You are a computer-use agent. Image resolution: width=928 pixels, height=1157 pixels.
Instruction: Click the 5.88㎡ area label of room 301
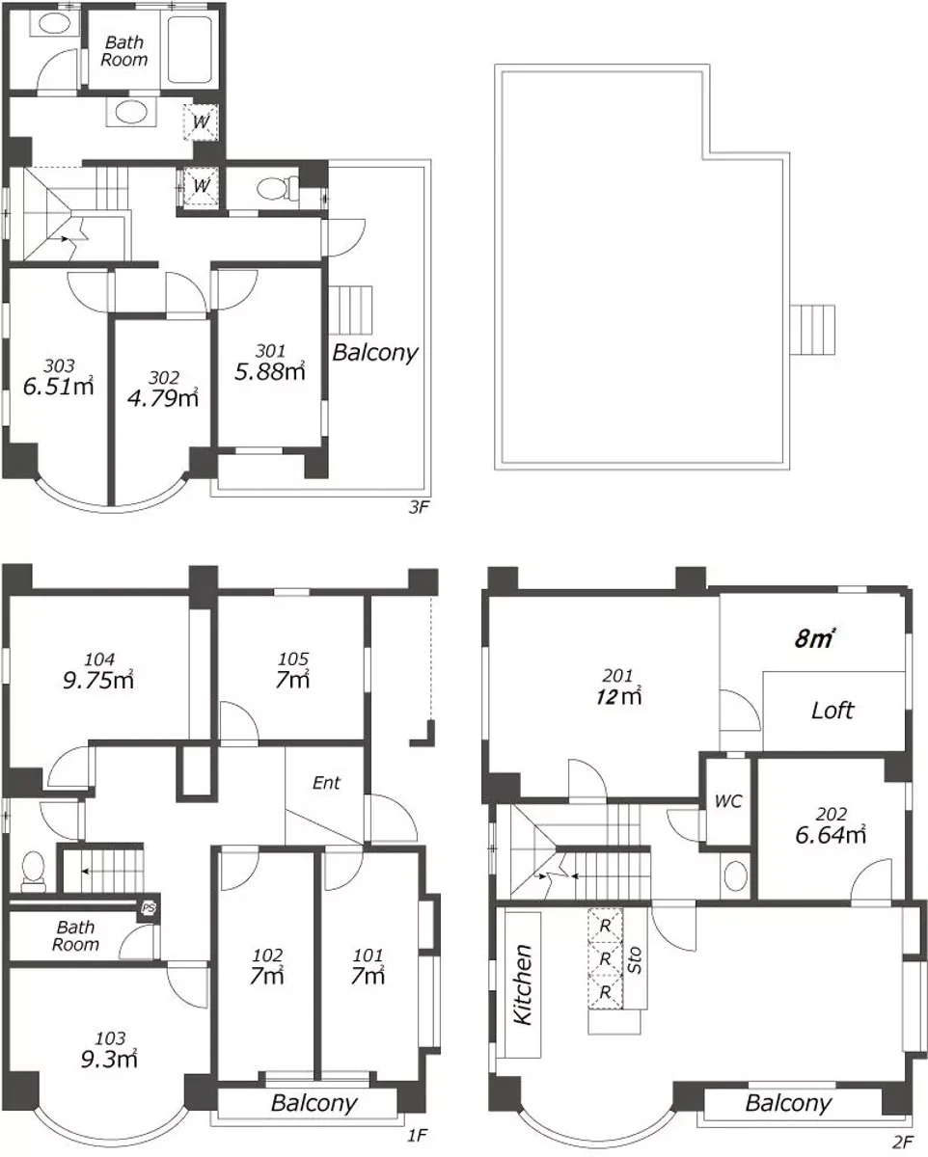pyautogui.click(x=269, y=371)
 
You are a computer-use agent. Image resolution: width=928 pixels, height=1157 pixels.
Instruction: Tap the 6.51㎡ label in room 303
pyautogui.click(x=58, y=386)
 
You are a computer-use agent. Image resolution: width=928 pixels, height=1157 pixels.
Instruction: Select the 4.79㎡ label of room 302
pyautogui.click(x=163, y=398)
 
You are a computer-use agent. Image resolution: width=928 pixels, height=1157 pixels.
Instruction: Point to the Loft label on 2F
pyautogui.click(x=832, y=711)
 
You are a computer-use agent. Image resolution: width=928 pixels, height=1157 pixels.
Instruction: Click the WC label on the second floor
pyautogui.click(x=728, y=801)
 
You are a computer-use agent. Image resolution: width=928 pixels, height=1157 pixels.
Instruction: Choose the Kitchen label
pyautogui.click(x=523, y=984)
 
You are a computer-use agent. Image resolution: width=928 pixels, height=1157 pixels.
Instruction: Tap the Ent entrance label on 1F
pyautogui.click(x=326, y=783)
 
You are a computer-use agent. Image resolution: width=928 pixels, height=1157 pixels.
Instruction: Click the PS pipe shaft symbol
pyautogui.click(x=149, y=908)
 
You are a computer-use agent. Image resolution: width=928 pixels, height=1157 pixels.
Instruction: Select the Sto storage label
pyautogui.click(x=635, y=960)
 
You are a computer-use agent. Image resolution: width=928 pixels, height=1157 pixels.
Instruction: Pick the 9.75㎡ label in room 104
pyautogui.click(x=97, y=680)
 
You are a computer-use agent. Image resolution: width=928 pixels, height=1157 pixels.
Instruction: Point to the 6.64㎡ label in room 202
pyautogui.click(x=831, y=835)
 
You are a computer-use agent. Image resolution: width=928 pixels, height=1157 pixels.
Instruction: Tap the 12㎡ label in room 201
pyautogui.click(x=618, y=697)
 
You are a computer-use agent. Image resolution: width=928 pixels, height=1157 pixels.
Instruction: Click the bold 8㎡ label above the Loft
pyautogui.click(x=814, y=638)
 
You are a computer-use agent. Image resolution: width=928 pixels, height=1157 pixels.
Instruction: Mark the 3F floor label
pyautogui.click(x=419, y=507)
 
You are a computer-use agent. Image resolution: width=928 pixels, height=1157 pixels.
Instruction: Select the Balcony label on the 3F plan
pyautogui.click(x=375, y=353)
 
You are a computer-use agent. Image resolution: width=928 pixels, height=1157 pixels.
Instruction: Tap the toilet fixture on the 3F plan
pyautogui.click(x=278, y=188)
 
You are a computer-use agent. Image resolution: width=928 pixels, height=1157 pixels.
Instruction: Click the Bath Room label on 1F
pyautogui.click(x=75, y=936)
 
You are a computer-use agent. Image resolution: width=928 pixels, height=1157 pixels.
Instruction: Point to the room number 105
pyautogui.click(x=293, y=659)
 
